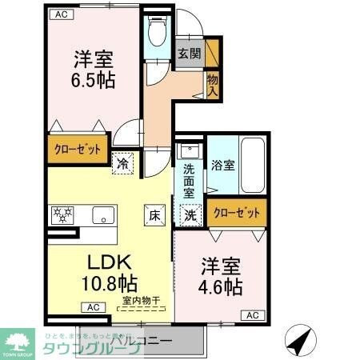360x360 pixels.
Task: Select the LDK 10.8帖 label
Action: tap(110, 272)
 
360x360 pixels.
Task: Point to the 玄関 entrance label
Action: tap(190, 54)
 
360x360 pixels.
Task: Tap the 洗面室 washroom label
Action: tap(190, 181)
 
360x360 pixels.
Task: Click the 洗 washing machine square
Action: tap(190, 214)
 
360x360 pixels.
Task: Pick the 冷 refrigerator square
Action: tap(123, 162)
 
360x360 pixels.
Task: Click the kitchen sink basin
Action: tap(102, 214)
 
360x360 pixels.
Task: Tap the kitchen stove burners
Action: tap(62, 214)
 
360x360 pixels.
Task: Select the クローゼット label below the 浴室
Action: tap(237, 214)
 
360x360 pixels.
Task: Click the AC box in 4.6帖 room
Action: tap(252, 315)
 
